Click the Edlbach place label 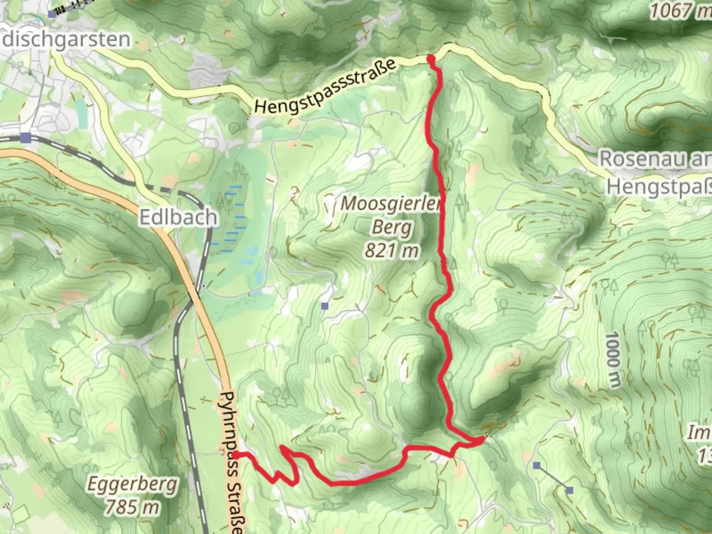178,217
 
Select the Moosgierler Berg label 391,216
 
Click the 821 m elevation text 391,251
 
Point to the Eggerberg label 132,485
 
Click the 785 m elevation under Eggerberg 133,507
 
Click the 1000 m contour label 612,359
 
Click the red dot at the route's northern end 431,59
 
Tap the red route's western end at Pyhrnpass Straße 236,454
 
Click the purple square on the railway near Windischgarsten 26,137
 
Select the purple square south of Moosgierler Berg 324,307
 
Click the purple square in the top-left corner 52,14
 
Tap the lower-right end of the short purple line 570,490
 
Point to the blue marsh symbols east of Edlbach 232,218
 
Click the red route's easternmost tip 482,439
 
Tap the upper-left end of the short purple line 536,465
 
